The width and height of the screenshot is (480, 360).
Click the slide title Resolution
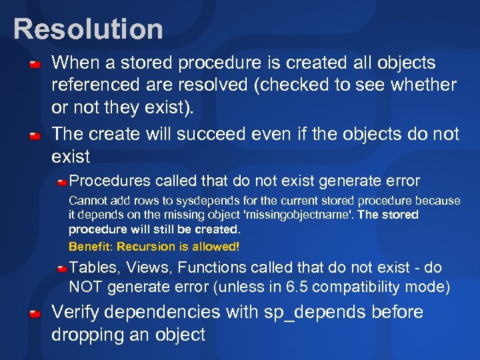point(88,29)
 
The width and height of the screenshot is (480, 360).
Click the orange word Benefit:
point(91,246)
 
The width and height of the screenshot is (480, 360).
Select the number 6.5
point(300,287)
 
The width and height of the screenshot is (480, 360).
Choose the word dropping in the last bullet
point(91,334)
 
